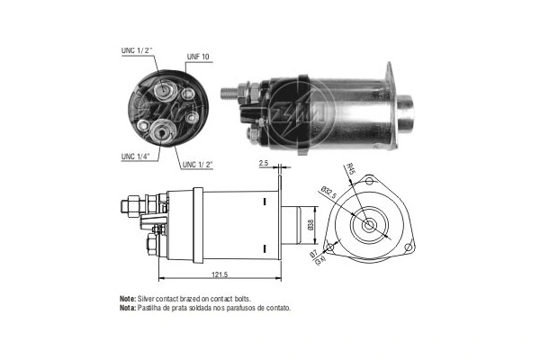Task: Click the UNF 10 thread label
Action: [x=198, y=57]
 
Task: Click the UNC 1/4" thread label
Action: [x=135, y=157]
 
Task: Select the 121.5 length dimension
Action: [x=220, y=274]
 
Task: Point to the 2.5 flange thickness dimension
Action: [x=264, y=164]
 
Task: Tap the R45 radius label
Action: [x=351, y=169]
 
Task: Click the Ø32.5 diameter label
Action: [x=328, y=193]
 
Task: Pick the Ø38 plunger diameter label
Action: [x=310, y=225]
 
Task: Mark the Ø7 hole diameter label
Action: [x=313, y=254]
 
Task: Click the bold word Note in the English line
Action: [x=128, y=299]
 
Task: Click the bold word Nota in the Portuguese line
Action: [x=128, y=308]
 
